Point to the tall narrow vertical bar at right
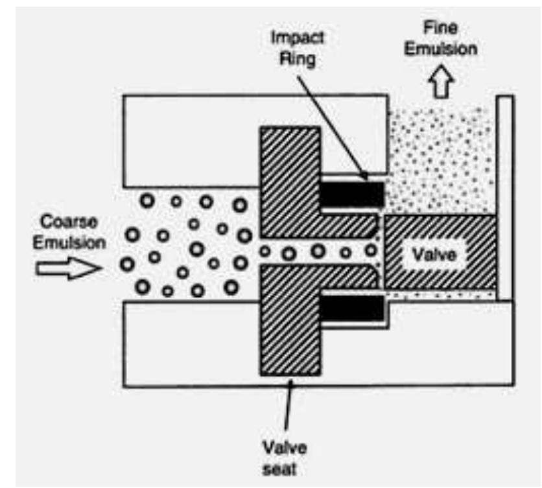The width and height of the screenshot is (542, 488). click(505, 194)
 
